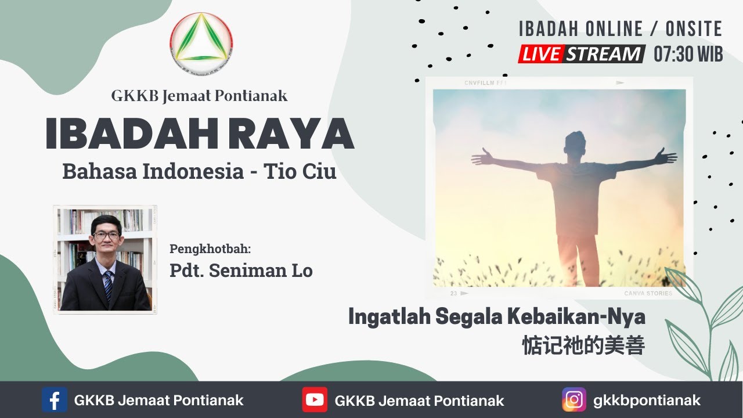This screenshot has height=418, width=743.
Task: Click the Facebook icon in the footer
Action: [x=55, y=400]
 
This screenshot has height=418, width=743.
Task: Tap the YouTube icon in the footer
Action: [x=315, y=400]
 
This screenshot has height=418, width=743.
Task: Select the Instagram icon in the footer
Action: [x=574, y=400]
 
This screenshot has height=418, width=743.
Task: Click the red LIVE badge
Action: [x=540, y=54]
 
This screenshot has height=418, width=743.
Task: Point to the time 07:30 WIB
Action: [x=688, y=54]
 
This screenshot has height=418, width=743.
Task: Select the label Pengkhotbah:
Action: [x=210, y=249]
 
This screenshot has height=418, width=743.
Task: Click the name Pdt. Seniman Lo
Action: [x=241, y=271]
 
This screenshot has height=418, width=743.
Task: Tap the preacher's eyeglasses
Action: [x=106, y=236]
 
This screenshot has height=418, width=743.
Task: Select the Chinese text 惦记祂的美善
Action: [x=583, y=345]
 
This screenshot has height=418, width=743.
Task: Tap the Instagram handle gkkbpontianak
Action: [x=647, y=400]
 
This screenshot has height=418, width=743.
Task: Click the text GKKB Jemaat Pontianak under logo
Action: [x=199, y=96]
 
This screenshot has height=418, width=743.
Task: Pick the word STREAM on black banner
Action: [x=604, y=54]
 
